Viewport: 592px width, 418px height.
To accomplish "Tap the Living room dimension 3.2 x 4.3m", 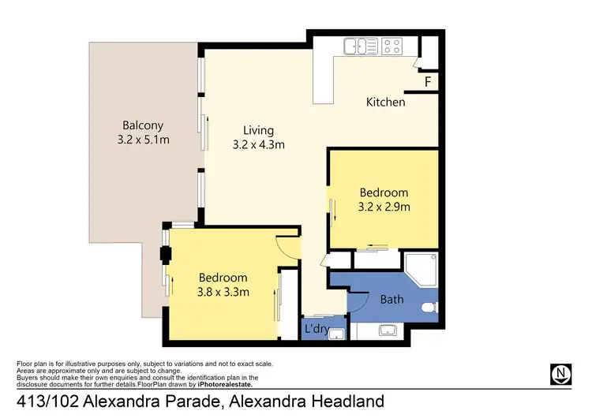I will coord(258,144).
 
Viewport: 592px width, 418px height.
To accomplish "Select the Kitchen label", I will coord(385,102).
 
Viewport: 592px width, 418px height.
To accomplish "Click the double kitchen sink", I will coord(362,47).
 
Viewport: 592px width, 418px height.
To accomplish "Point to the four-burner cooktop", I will coord(392,47).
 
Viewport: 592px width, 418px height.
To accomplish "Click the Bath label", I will coord(392,300).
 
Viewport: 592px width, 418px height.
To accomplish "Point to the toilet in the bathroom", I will coord(429,307).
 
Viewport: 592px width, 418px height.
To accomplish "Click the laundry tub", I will coord(336,333).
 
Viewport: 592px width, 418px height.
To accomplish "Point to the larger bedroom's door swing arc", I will coord(288,246).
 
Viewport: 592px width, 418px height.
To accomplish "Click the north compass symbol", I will coord(560,372).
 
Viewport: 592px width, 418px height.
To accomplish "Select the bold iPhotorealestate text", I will coord(225,384).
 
